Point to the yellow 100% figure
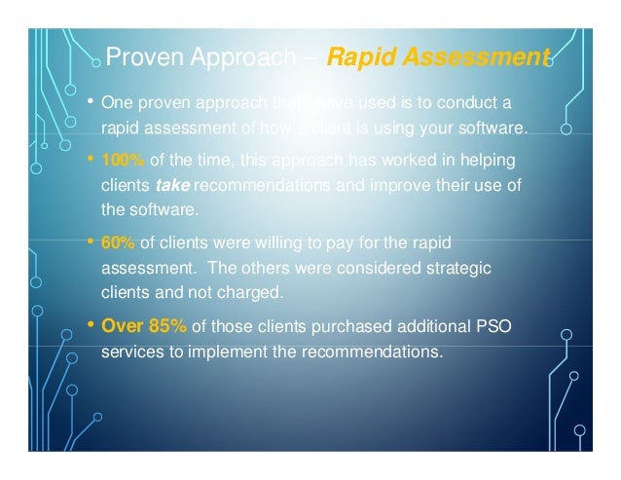tap(119, 160)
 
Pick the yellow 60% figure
tap(116, 242)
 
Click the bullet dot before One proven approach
tap(91, 101)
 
